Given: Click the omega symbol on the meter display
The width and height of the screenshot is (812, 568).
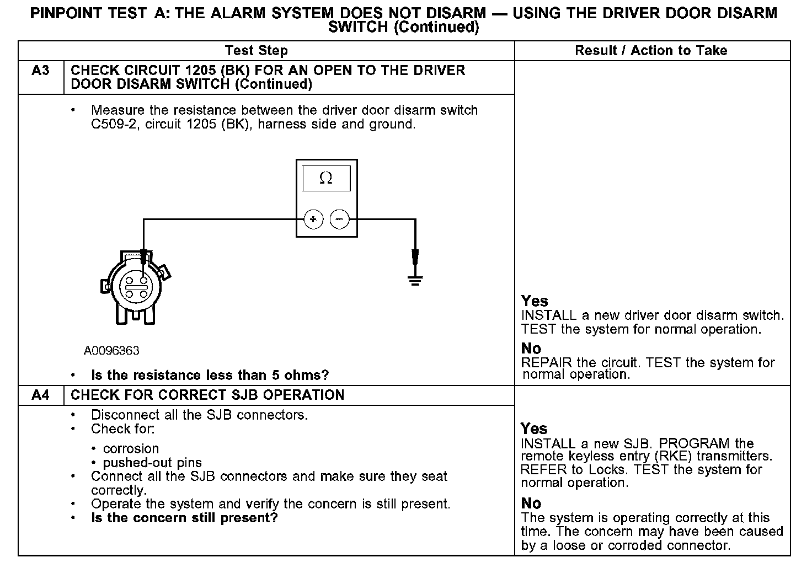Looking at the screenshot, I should pos(326,178).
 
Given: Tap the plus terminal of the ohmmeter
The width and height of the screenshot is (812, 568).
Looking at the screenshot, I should pos(313,219).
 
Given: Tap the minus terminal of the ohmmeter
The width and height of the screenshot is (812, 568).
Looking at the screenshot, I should pos(339,219).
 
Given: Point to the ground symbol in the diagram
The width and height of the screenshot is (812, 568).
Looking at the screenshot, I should pos(415,280).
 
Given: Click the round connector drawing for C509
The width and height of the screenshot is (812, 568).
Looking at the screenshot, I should pos(135,286).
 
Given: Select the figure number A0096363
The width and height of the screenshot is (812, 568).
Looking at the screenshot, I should pos(111,351).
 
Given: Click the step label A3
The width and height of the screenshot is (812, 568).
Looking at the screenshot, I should pos(41,71).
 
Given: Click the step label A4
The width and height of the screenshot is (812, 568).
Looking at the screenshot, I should pos(41,395).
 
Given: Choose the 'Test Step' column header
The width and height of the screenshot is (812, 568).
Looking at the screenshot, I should pos(257,51).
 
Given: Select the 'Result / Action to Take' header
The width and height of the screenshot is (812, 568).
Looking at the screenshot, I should pos(651,51).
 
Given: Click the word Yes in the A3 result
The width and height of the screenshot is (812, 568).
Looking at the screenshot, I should pos(535,301).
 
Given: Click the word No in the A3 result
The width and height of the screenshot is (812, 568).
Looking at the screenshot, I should pos(531,349).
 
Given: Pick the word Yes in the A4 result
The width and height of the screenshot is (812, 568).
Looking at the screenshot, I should pos(534,429).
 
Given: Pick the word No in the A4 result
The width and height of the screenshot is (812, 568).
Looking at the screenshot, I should pos(531,503).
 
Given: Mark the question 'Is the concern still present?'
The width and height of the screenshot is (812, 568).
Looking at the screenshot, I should pos(184,518).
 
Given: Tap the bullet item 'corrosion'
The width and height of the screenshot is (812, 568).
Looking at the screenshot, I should pos(131,449).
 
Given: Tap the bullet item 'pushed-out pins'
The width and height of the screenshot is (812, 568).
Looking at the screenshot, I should pos(152,463).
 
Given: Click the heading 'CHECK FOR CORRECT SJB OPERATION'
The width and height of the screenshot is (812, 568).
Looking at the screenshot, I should pos(207,395).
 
